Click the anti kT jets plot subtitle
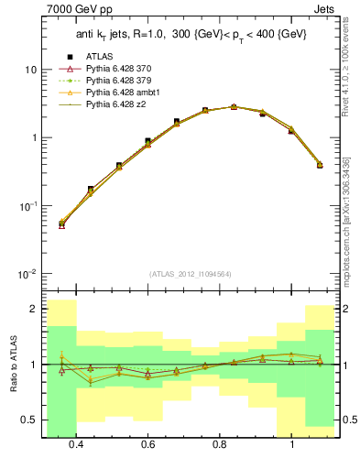[x=191, y=34]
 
